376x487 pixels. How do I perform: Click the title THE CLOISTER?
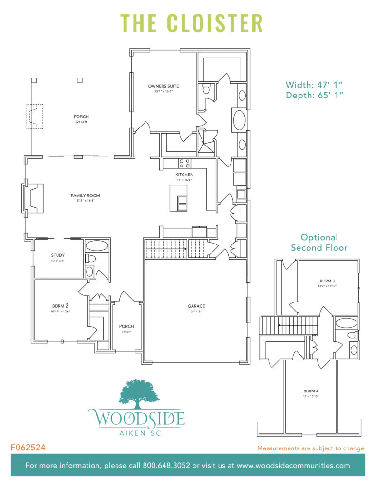click(192, 23)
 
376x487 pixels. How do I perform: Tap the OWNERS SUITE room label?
click(163, 86)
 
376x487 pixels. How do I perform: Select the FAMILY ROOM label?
click(86, 195)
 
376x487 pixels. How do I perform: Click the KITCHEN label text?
click(184, 175)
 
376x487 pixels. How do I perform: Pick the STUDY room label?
click(58, 255)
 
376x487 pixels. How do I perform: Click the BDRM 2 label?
click(61, 306)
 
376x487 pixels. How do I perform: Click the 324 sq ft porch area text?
click(81, 122)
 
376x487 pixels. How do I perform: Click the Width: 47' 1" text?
click(314, 85)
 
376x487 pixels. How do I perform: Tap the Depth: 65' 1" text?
click(314, 96)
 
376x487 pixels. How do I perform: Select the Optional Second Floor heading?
click(319, 242)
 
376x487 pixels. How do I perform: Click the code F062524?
click(28, 448)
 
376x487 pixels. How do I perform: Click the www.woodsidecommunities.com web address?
click(294, 465)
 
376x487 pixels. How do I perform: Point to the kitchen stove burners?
click(184, 163)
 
